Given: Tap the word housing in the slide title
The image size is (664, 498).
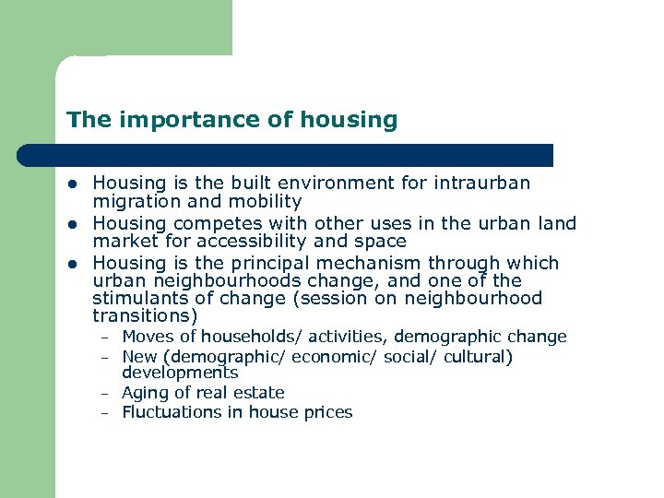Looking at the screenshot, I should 355,121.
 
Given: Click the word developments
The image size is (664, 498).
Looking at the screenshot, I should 180,373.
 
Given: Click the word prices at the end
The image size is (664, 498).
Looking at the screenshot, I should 327,412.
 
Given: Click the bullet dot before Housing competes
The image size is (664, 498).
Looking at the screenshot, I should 74,224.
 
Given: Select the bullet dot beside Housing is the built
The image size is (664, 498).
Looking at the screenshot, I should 74,184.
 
